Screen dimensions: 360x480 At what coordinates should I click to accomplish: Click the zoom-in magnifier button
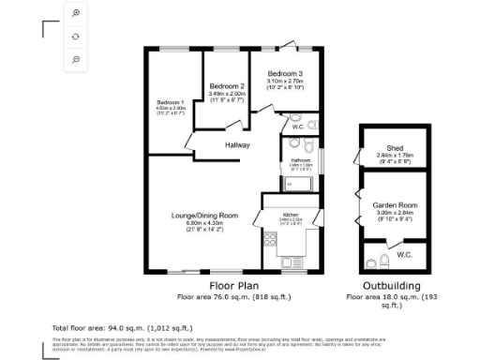pyautogui.click(x=75, y=14)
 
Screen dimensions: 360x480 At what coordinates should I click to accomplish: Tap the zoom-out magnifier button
pyautogui.click(x=75, y=58)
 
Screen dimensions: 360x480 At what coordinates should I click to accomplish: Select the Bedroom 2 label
pyautogui.click(x=227, y=85)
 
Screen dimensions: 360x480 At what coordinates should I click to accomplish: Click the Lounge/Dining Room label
pyautogui.click(x=203, y=216)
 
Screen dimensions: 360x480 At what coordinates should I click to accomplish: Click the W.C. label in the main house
pyautogui.click(x=297, y=127)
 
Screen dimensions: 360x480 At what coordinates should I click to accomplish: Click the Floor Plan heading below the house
pyautogui.click(x=233, y=285)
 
